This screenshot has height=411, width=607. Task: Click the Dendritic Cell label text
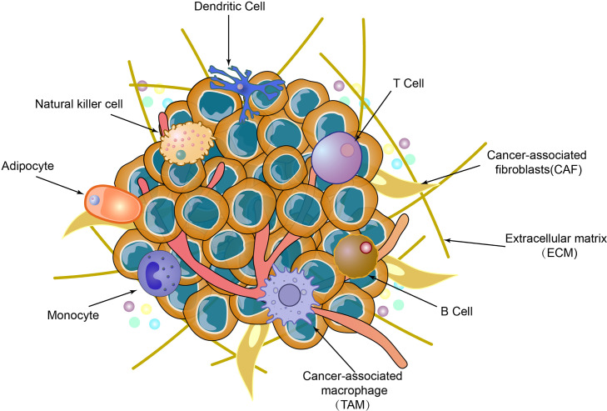tap(230, 8)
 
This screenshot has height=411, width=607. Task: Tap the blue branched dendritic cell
tap(241, 84)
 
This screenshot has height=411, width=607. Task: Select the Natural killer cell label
tap(79, 104)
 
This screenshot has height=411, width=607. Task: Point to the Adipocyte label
tap(29, 166)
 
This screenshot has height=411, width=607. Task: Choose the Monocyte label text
tap(74, 315)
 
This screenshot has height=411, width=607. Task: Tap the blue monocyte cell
tap(159, 274)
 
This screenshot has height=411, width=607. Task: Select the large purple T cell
tap(336, 155)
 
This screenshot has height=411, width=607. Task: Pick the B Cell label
tap(456, 310)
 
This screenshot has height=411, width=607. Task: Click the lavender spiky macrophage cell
tap(288, 293)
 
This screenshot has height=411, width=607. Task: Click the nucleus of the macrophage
tap(290, 294)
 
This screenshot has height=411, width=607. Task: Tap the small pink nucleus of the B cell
tap(365, 248)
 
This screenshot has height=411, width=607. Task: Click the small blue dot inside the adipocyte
tap(96, 200)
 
